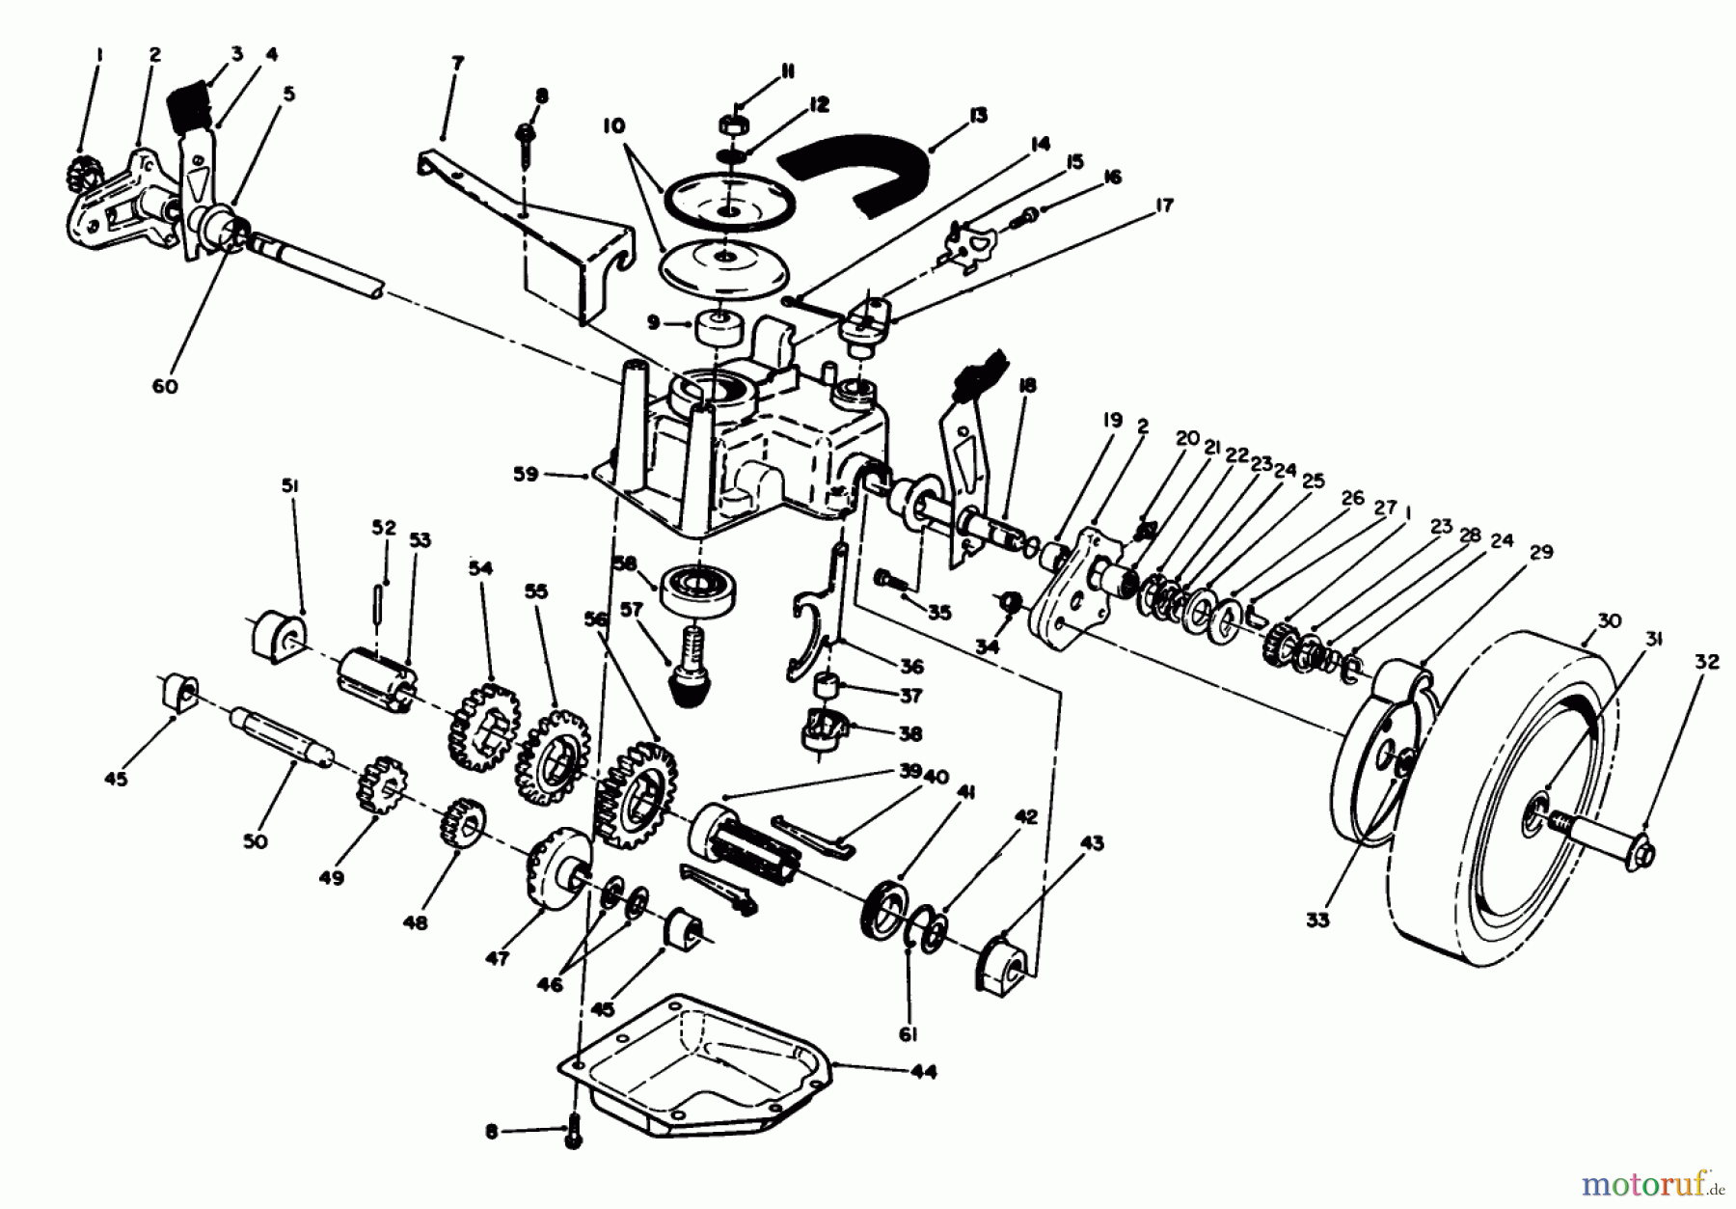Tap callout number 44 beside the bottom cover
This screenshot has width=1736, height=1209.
(923, 1072)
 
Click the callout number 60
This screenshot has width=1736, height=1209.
(165, 387)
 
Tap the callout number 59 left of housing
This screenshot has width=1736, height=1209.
(526, 476)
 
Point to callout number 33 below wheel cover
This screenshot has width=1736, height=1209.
(1317, 920)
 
